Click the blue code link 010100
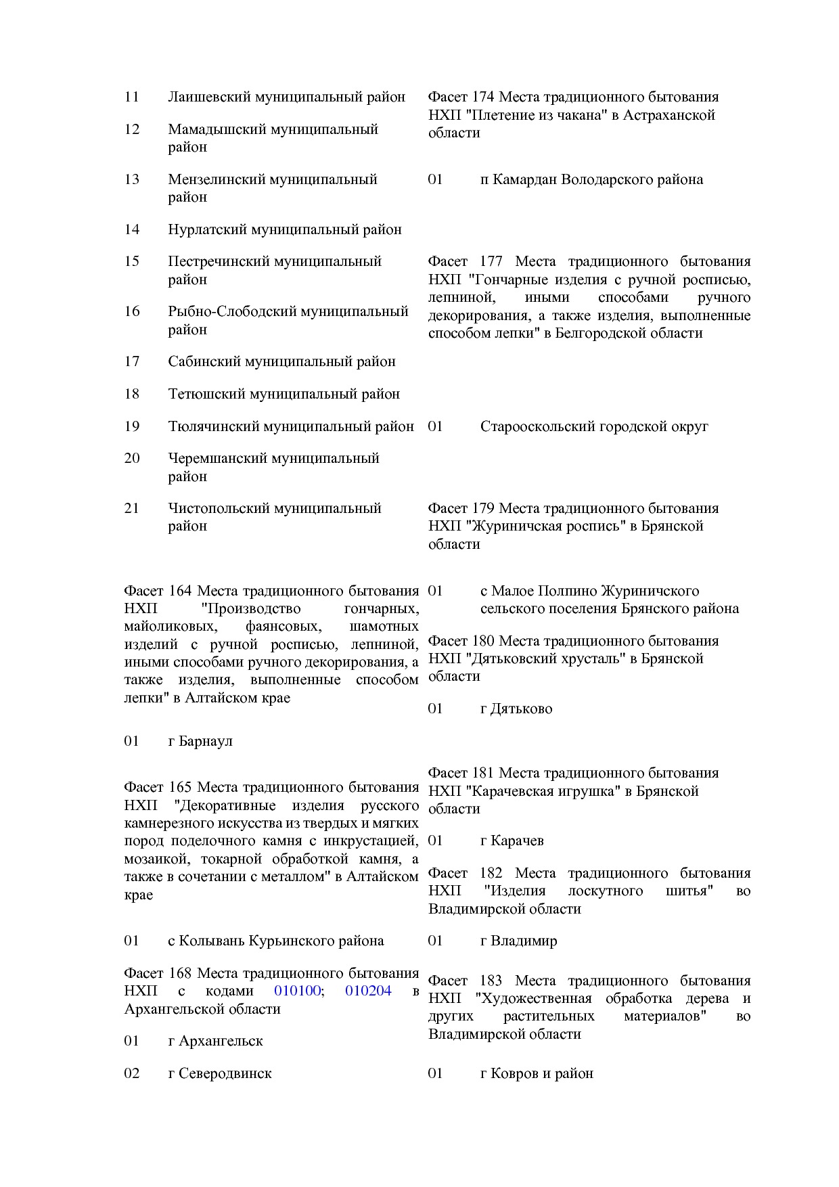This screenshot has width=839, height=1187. (298, 991)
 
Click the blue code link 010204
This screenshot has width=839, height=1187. (368, 991)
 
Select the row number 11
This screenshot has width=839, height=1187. (131, 97)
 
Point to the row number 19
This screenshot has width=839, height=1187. (131, 426)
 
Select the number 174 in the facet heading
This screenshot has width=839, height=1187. (483, 97)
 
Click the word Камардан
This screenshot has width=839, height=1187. (524, 179)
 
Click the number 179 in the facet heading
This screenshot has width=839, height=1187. (483, 508)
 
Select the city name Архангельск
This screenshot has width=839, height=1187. (221, 1041)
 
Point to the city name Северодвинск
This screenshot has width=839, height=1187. (225, 1073)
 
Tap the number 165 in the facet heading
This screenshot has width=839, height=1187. (179, 788)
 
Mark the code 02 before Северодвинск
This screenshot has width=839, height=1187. (131, 1073)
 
